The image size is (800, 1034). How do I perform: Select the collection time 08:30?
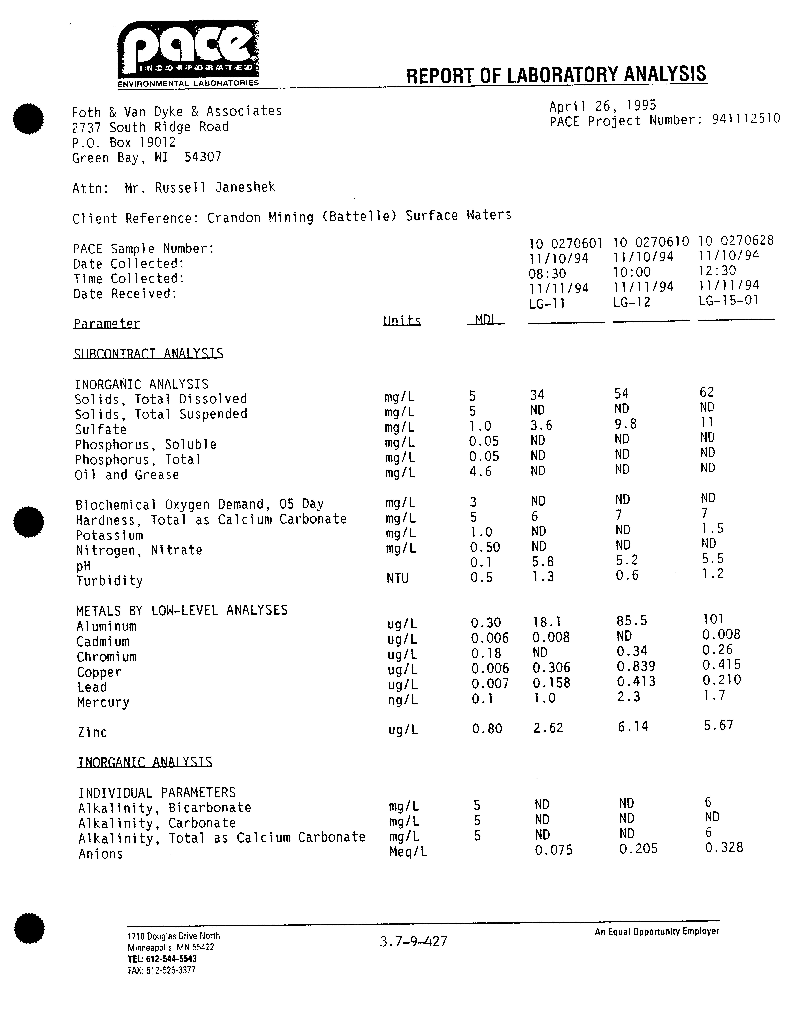[547, 273]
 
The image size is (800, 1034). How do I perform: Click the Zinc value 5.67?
[718, 725]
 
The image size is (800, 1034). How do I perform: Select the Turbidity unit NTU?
[397, 578]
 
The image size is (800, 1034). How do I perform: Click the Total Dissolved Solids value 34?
[537, 394]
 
